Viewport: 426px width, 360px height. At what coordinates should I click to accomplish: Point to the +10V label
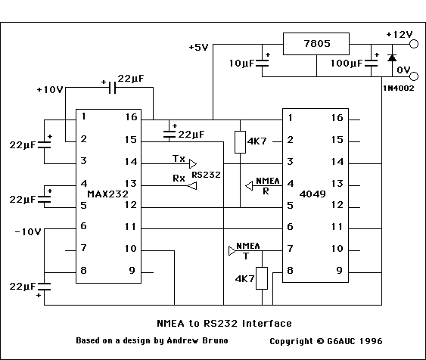(49, 90)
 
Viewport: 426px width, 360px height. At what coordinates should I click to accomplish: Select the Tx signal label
(179, 160)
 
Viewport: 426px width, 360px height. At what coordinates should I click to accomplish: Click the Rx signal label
(179, 178)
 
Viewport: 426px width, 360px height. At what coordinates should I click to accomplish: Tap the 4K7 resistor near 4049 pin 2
(239, 141)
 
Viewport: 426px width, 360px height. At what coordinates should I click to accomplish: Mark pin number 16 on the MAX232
(132, 117)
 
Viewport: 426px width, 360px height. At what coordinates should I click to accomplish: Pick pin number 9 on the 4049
(339, 269)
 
